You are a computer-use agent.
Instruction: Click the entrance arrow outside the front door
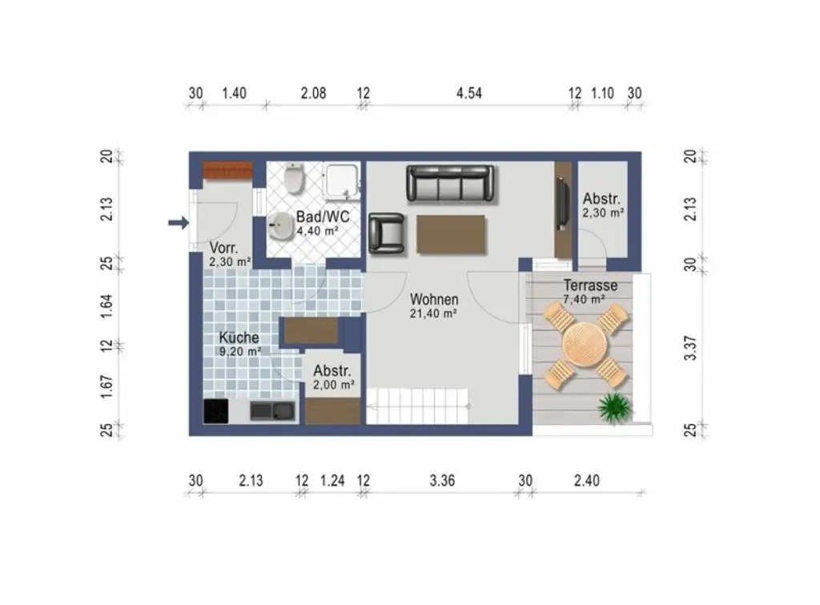click(179, 223)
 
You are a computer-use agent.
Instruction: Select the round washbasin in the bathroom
click(281, 227)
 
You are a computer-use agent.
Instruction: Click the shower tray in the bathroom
click(342, 181)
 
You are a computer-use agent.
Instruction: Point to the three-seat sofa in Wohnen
click(450, 184)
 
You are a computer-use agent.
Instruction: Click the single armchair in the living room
click(387, 233)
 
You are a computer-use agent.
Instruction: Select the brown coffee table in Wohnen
click(452, 235)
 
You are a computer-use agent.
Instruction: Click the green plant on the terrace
click(614, 406)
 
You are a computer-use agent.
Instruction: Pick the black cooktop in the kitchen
click(216, 410)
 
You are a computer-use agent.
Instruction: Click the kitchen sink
click(272, 411)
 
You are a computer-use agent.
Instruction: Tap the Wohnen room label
click(434, 300)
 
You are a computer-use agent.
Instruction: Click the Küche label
click(239, 337)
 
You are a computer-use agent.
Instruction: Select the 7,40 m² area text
click(584, 300)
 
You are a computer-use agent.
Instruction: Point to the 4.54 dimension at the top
click(469, 93)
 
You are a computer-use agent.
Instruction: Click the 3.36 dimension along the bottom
click(442, 481)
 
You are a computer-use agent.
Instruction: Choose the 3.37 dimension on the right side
click(690, 348)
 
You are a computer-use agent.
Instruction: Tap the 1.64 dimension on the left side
click(107, 306)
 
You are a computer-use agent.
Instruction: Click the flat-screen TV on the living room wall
click(561, 204)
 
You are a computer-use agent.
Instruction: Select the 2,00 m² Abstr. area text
click(334, 385)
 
